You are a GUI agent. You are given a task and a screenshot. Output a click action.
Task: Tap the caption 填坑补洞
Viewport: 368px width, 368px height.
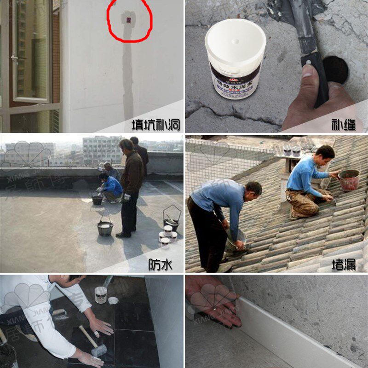point(155,125)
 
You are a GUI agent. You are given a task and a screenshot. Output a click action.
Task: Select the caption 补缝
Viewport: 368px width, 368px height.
point(344,125)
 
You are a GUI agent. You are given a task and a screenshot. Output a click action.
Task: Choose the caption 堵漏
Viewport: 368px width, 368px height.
point(344,264)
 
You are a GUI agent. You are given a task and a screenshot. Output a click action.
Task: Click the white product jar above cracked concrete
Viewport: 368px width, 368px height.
point(235,57)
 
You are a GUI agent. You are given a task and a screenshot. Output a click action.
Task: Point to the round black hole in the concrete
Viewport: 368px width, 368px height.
point(335,69)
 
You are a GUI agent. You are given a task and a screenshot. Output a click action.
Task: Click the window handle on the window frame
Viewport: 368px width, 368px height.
point(14,59)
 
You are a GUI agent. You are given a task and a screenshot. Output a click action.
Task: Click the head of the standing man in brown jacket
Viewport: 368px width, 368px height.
point(126,146)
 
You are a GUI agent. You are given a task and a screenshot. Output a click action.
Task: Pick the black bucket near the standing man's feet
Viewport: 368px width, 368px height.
point(105,228)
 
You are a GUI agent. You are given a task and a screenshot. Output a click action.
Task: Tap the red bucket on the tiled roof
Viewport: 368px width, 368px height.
point(349,180)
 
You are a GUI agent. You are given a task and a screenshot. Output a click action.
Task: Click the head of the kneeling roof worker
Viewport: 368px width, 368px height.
point(325,154)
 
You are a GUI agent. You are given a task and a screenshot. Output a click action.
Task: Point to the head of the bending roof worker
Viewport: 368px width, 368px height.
point(253,189)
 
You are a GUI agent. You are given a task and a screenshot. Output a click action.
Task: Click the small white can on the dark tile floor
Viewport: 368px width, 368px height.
point(101,295)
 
